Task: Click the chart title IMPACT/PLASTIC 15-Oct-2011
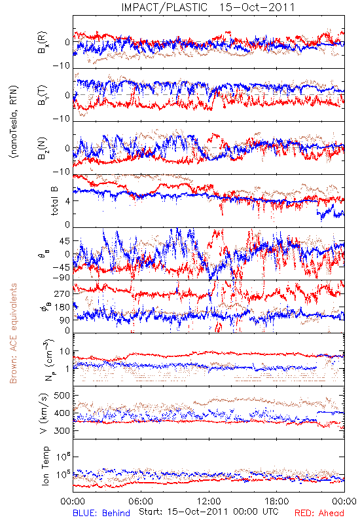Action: point(208,7)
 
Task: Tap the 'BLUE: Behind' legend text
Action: point(101,513)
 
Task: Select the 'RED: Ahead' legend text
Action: point(319,513)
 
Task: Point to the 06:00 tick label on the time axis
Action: point(141,501)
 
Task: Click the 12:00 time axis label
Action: point(209,501)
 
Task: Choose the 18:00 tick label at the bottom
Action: point(277,501)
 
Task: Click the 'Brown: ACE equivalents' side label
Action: point(13,333)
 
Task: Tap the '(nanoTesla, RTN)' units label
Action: point(14,121)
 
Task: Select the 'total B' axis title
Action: point(54,201)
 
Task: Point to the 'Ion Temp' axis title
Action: point(46,466)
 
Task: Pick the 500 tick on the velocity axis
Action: point(62,396)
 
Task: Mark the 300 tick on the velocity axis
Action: point(62,430)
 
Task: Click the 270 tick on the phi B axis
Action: point(62,293)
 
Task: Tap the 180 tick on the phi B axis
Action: point(62,307)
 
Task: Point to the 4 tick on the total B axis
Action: point(67,201)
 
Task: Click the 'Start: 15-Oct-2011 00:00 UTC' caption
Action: point(208,512)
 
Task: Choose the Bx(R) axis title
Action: point(43,43)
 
